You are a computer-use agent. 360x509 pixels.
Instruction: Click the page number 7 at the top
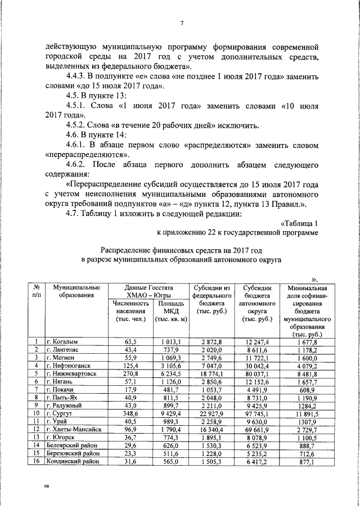click(182, 23)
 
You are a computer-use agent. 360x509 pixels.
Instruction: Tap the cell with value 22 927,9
click(211, 413)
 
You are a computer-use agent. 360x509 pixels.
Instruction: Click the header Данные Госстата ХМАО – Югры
click(149, 291)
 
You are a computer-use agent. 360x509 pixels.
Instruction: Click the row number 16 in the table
click(36, 461)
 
